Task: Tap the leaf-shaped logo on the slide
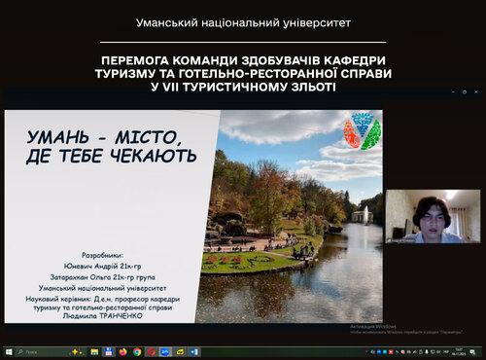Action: [362, 130]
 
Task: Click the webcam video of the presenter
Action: [434, 215]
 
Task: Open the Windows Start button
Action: [7, 351]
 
